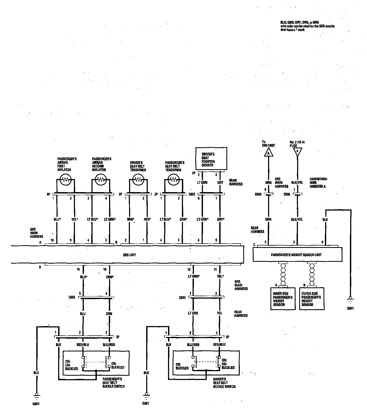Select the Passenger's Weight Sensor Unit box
(297, 254)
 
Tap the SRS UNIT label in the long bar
(130, 255)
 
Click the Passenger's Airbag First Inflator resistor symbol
(65, 180)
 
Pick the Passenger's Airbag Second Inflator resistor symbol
(101, 180)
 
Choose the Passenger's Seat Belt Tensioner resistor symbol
(173, 180)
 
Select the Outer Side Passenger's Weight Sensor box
(312, 299)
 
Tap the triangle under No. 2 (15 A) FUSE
(297, 152)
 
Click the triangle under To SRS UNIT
(268, 153)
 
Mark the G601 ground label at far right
(350, 308)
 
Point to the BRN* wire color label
(130, 219)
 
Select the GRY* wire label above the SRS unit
(220, 219)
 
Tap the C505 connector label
(286, 195)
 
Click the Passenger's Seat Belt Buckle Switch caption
(114, 382)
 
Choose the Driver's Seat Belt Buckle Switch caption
(224, 383)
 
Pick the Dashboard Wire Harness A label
(318, 183)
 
